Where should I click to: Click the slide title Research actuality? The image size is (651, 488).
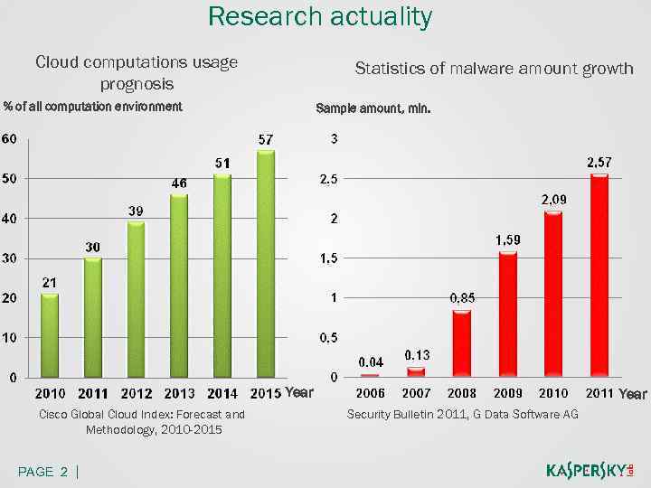coord(320,16)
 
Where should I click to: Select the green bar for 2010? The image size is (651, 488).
coord(50,335)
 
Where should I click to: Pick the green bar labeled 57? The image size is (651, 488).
coord(265,263)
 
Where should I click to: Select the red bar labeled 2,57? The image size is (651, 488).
coord(599,276)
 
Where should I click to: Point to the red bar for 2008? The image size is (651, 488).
coord(462,343)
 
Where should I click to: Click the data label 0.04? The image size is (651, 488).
coord(370,361)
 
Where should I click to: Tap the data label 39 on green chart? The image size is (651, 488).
coord(136,210)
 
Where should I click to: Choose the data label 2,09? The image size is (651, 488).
coord(553,199)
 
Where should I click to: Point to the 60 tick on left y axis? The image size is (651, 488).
coord(8,139)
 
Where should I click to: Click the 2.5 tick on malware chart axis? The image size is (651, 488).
coord(329,179)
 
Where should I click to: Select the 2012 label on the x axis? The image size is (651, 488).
coord(137,393)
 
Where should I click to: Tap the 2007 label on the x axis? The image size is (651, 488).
coord(416,393)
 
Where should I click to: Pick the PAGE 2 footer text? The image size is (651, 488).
coord(45,472)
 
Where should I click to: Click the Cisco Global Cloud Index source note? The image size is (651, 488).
coord(141,422)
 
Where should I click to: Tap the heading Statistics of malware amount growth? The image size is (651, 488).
coord(494,69)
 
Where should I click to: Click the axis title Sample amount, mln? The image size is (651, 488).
coord(373,108)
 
